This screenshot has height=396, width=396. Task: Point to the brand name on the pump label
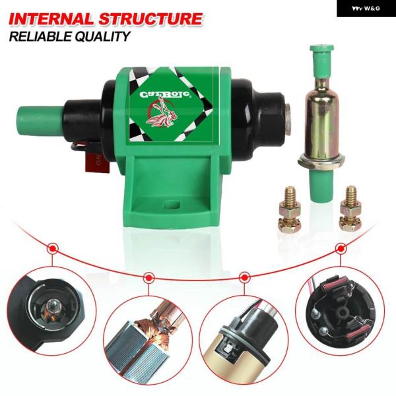point(164,94)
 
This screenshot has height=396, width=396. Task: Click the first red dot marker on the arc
point(53,249)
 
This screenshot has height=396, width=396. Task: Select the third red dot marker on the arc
point(245,276)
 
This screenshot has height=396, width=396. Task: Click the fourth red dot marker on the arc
point(341,249)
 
